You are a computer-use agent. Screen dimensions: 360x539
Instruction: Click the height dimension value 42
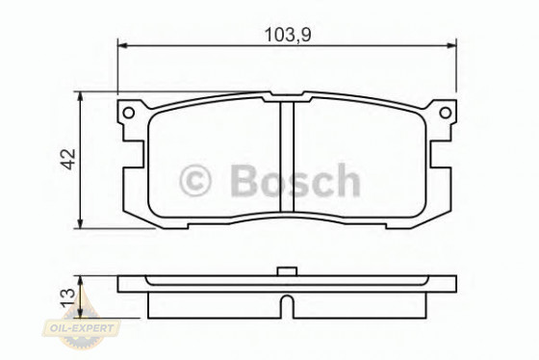click(x=68, y=159)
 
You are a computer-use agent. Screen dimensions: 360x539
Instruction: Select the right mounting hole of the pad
click(x=446, y=113)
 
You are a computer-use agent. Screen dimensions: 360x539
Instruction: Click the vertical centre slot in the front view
click(x=286, y=159)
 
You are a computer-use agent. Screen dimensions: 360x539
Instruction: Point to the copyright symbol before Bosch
click(x=196, y=180)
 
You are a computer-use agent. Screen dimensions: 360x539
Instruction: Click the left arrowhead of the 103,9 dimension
click(x=122, y=43)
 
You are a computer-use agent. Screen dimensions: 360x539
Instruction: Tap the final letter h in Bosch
click(x=346, y=180)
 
